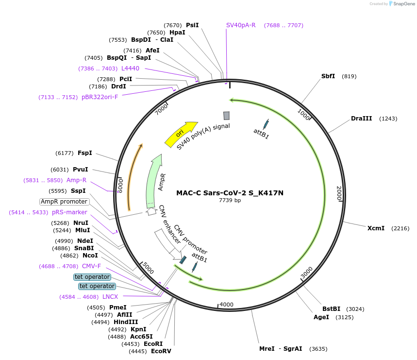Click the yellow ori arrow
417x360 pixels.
coord(181,133)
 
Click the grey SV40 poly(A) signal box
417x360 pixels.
coord(226,116)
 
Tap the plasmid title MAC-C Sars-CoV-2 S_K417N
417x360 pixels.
coord(230,193)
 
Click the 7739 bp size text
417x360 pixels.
coord(230,200)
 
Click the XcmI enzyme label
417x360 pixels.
coord(376,228)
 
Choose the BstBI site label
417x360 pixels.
coord(332,309)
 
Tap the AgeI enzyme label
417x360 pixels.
coord(321,317)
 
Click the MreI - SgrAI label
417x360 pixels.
coord(281,348)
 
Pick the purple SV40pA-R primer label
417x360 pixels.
coord(241,25)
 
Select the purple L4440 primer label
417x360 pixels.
coord(130,69)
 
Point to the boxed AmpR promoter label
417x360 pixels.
coord(64,202)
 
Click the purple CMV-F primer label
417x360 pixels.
coord(91,266)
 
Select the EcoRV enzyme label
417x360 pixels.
coord(161,351)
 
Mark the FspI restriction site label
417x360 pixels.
coord(85,153)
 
